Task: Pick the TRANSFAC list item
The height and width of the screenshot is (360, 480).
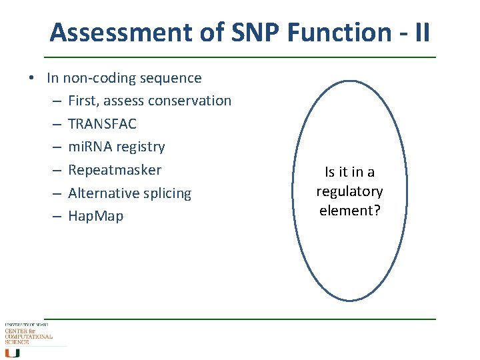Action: click(102, 124)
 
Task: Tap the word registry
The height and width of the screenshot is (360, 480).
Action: click(141, 147)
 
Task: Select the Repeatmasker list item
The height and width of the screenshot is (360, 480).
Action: click(115, 170)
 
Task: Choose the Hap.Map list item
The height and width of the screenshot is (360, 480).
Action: click(95, 216)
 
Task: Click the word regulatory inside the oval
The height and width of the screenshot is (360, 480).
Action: click(349, 192)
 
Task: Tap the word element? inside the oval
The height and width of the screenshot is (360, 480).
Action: click(349, 211)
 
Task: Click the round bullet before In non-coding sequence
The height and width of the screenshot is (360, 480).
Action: click(32, 79)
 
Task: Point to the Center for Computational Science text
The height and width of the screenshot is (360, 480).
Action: click(28, 335)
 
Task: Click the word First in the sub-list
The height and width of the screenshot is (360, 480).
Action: click(83, 101)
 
